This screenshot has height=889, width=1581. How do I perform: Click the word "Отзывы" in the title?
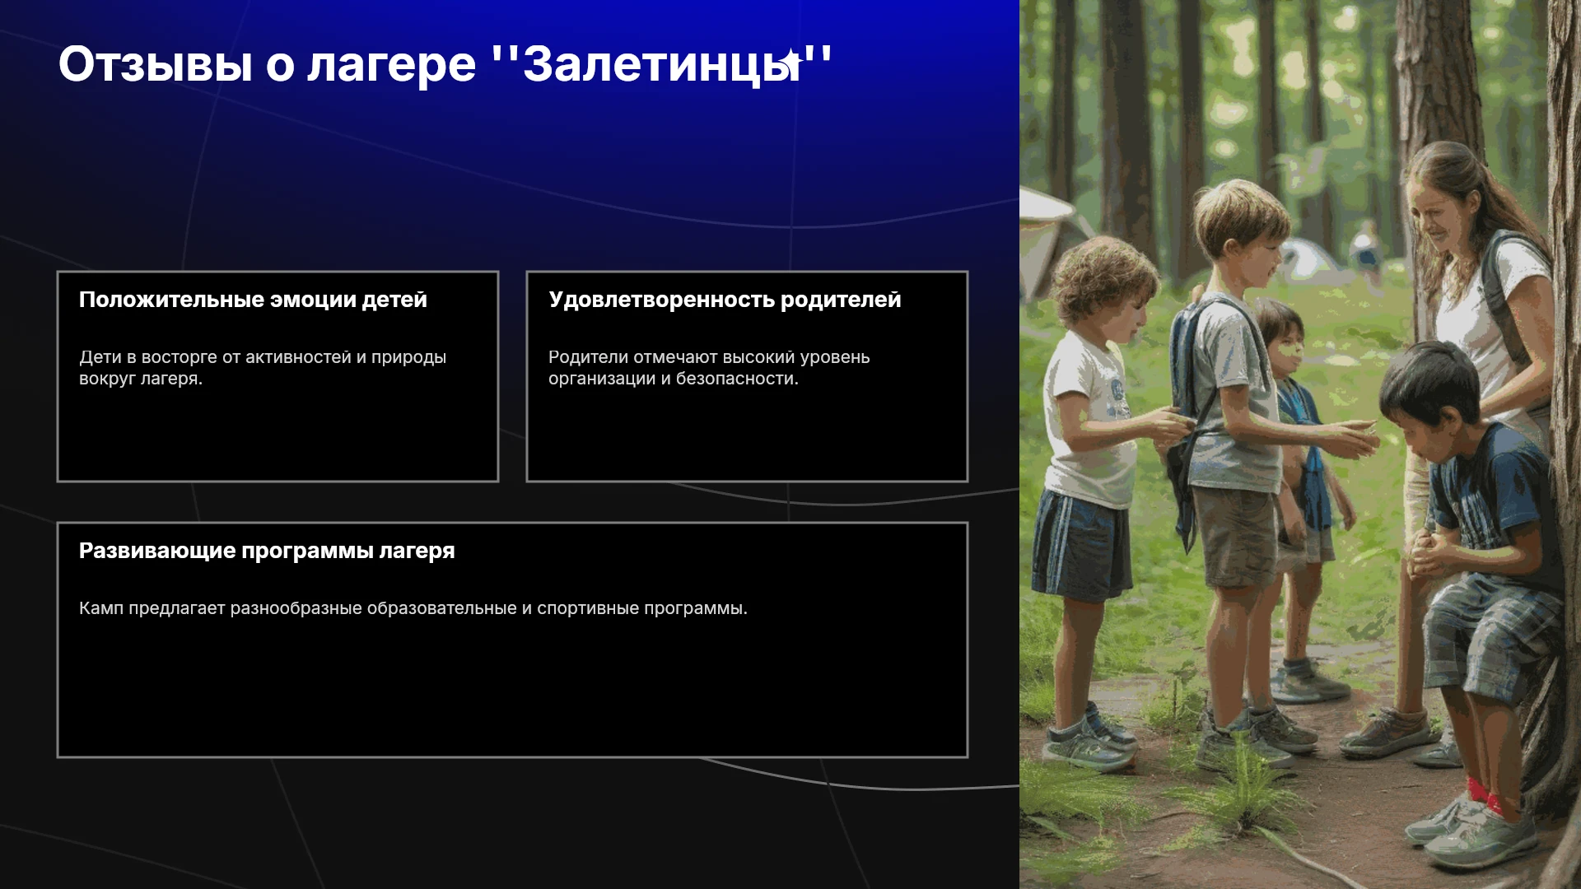point(156,64)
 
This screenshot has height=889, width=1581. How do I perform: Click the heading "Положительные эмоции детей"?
point(253,300)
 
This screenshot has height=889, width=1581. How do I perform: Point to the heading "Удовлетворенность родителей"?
point(725,300)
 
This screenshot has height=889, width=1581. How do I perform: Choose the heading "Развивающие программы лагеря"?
point(267,551)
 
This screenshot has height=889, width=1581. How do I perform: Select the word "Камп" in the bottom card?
point(101,608)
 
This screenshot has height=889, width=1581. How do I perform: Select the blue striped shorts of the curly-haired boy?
point(1080,544)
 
